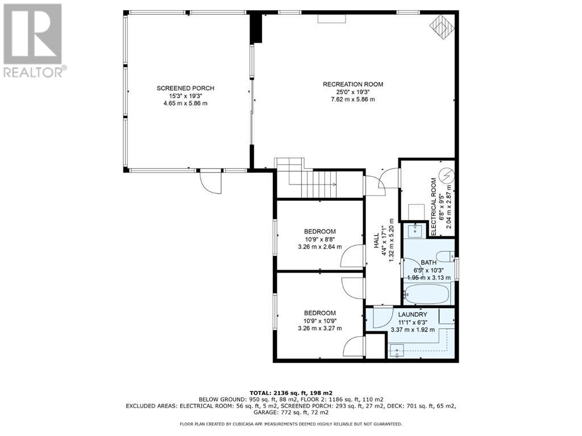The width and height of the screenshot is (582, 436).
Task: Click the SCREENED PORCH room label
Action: pyautogui.click(x=185, y=88)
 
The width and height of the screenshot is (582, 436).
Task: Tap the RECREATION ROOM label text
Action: pyautogui.click(x=352, y=84)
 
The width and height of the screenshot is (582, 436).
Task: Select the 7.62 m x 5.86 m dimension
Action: pyautogui.click(x=352, y=99)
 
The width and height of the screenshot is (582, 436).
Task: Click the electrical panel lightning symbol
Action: pyautogui.click(x=446, y=175)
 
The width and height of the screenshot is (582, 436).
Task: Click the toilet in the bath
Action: pyautogui.click(x=445, y=257)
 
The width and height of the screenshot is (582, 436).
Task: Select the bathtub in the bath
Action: pyautogui.click(x=427, y=294)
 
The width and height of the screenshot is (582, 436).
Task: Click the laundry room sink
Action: pyautogui.click(x=398, y=350)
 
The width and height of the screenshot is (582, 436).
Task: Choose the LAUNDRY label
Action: pyautogui.click(x=413, y=315)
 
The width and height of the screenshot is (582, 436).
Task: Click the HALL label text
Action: pyautogui.click(x=376, y=241)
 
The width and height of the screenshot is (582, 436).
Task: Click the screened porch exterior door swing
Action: pyautogui.click(x=210, y=182)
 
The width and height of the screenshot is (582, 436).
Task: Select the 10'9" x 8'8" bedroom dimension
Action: pyautogui.click(x=319, y=239)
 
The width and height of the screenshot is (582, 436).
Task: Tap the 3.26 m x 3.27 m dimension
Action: pyautogui.click(x=319, y=328)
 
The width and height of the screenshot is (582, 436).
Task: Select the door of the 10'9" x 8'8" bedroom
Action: pyautogui.click(x=352, y=256)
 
